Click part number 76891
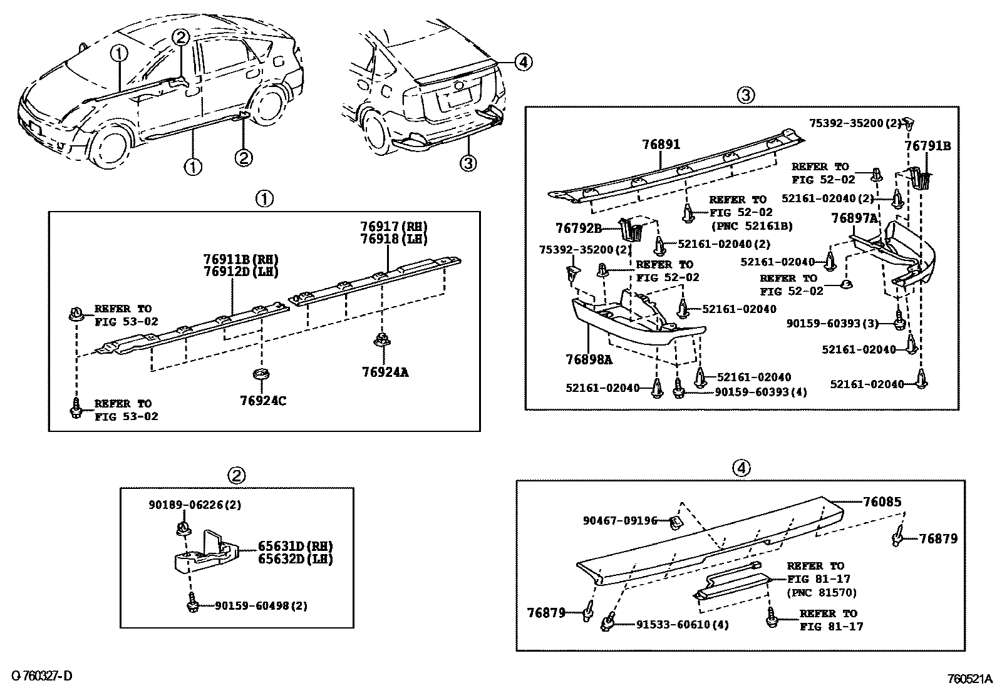tap(661, 145)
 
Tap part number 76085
tap(882, 501)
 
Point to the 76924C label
tap(263, 400)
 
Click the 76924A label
tap(385, 372)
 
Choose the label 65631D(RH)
tap(295, 545)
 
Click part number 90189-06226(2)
tap(186, 504)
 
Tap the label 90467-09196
tap(620, 520)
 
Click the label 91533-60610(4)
tap(682, 624)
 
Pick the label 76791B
tap(927, 146)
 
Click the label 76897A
tap(854, 218)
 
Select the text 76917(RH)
tap(394, 227)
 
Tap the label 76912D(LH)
tap(240, 271)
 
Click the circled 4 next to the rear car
tap(523, 61)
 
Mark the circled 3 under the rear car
tap(468, 163)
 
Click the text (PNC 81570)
tap(821, 592)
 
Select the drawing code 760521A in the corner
tap(969, 678)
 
